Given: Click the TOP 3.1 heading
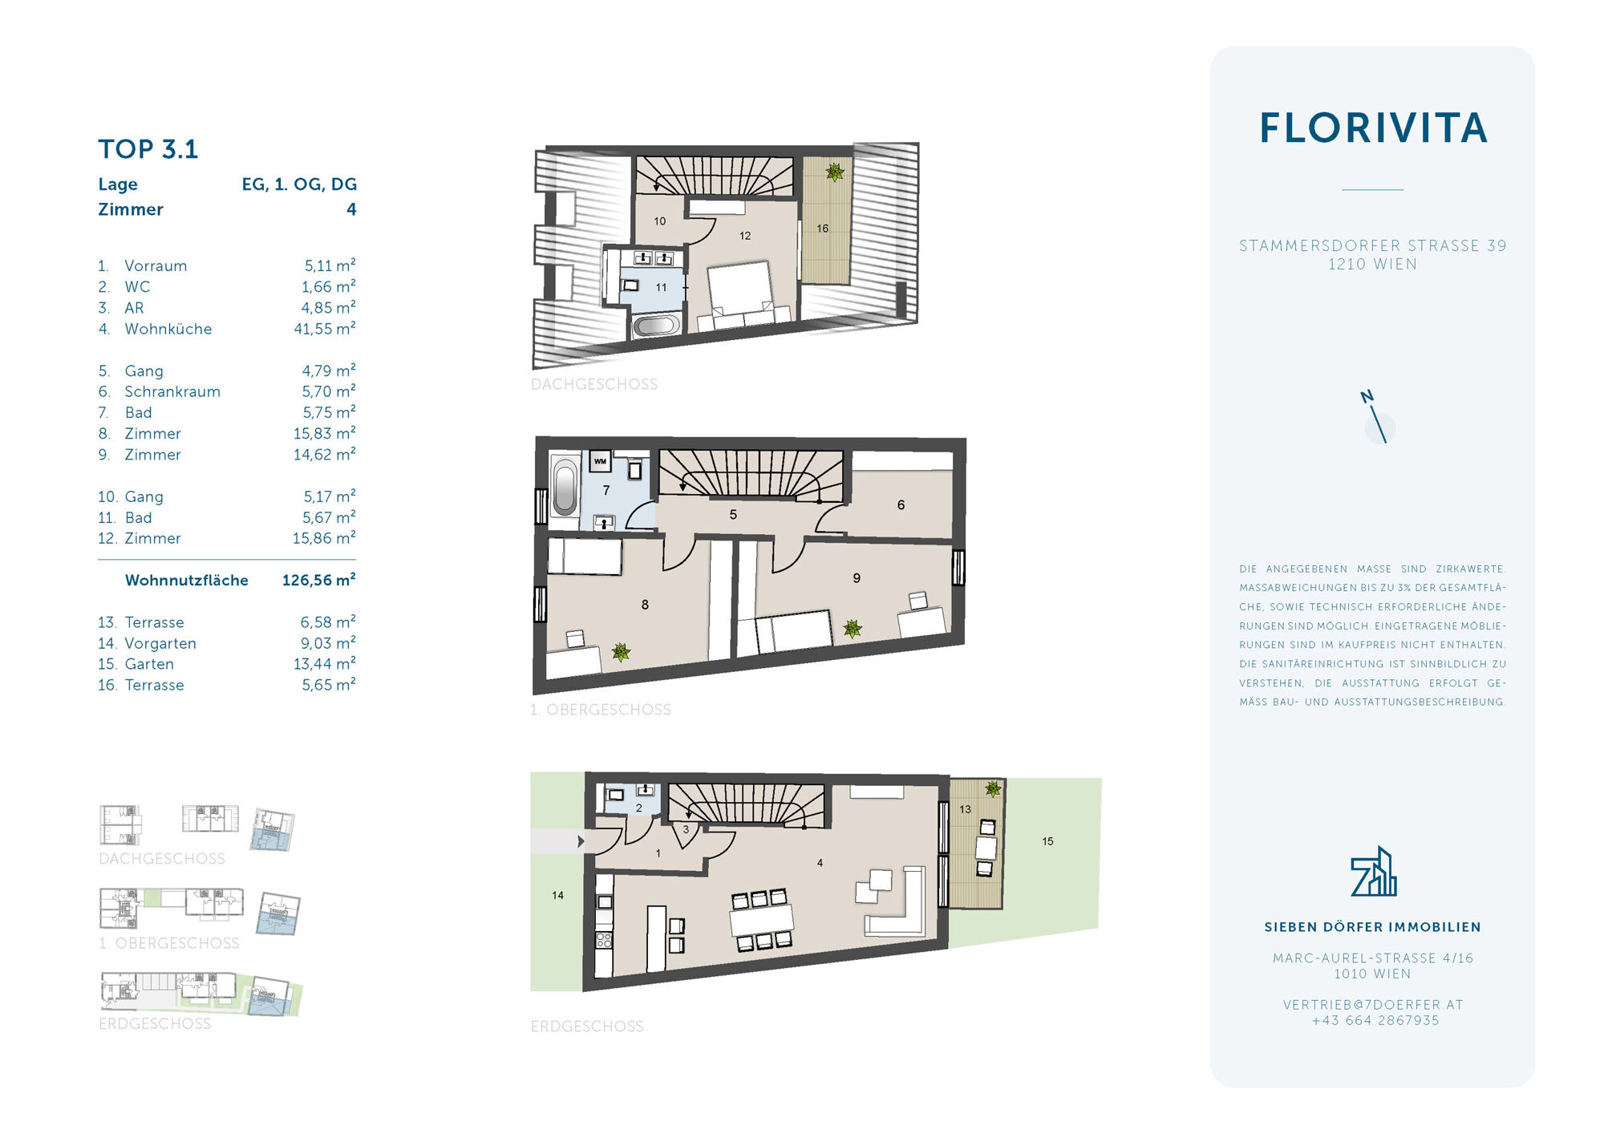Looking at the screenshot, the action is coord(148,149).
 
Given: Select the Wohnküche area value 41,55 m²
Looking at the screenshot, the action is coord(325,328).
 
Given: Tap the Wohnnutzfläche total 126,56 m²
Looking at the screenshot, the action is coord(318,580).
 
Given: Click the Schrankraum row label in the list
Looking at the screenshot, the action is coord(172,391).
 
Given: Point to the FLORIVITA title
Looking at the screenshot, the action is coord(1373,128).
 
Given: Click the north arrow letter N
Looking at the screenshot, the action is coord(1367,396).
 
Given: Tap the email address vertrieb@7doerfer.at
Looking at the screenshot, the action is coord(1373,1005).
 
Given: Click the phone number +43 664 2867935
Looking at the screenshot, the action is coord(1375,1021).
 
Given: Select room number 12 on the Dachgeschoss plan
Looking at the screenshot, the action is coord(745,236).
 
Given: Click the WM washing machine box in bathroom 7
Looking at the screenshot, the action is coord(600,462).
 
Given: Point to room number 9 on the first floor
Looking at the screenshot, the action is coord(857,578).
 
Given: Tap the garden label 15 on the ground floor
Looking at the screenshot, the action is coord(1047,841).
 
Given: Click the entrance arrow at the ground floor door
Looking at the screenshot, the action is coord(581,841).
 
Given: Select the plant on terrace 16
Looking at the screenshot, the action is coord(835,172).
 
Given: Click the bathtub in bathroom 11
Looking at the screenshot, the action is coord(656,326).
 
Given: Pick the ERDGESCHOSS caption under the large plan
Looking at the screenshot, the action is coord(587,1027).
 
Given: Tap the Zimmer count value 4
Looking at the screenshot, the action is coord(351,209).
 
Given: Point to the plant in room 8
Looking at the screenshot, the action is coord(621,652).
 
